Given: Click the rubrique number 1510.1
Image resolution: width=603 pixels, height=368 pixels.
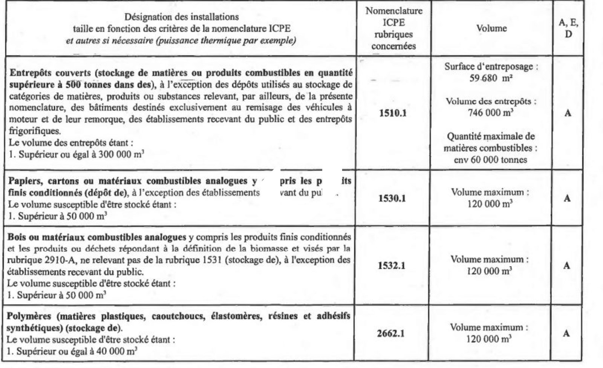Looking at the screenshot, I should [393, 113].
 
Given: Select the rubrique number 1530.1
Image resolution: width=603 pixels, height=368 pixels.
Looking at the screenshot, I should [392, 199].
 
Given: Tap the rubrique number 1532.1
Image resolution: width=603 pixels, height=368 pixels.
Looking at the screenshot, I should [392, 266].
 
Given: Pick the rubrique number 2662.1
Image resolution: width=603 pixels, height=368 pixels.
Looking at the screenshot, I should [390, 334].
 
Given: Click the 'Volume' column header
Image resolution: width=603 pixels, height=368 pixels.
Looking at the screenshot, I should [491, 28].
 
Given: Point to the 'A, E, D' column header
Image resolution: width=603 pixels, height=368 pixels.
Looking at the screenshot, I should [568, 28].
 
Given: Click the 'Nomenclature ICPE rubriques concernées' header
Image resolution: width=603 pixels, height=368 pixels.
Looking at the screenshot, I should [393, 28].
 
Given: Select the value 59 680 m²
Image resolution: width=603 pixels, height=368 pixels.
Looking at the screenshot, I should [490, 79].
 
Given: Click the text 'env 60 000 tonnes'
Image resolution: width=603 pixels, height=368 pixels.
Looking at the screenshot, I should [490, 160].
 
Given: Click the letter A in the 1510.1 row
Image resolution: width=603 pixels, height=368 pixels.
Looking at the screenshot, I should [568, 113].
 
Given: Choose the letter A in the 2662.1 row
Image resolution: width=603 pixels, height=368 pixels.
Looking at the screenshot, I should [566, 334].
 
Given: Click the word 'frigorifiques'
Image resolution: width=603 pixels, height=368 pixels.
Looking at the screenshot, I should [34, 131].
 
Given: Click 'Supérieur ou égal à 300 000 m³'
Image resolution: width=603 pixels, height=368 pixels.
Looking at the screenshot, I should [81, 154].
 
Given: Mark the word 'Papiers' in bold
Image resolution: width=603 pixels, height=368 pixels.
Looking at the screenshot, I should [25, 181].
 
